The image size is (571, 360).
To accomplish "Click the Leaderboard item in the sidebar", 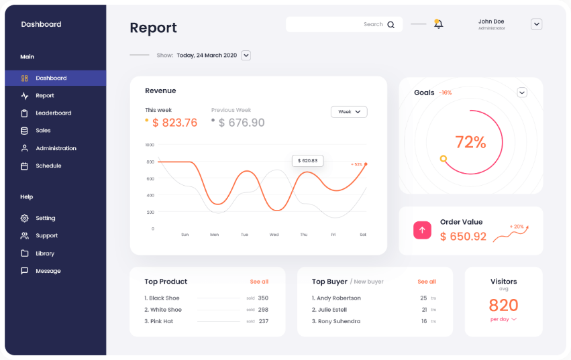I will (53, 113).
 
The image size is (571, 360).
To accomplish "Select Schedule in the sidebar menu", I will (48, 166).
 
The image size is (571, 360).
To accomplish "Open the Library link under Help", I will (45, 253).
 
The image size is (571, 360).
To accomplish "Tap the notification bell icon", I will (438, 24).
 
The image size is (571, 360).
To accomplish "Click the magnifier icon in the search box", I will (391, 25).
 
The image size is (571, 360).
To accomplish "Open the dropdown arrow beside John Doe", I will (536, 24).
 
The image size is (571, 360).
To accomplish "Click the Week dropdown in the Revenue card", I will (349, 112).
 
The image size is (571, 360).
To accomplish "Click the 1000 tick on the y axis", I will (150, 145).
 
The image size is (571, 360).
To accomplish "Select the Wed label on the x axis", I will (274, 235).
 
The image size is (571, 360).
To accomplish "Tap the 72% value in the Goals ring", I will (470, 142).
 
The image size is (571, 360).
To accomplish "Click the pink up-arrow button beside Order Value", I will (422, 230).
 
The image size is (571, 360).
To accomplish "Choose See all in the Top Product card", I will (259, 282).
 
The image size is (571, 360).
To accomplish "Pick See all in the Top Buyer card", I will (427, 282).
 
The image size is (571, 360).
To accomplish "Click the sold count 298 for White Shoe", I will (263, 310).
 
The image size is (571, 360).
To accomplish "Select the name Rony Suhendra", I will (339, 321).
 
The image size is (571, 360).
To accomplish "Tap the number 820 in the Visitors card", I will (503, 306).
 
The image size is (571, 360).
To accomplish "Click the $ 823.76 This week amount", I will (174, 123).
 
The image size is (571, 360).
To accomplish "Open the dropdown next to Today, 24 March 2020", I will (246, 55).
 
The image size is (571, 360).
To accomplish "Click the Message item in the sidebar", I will (48, 271).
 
